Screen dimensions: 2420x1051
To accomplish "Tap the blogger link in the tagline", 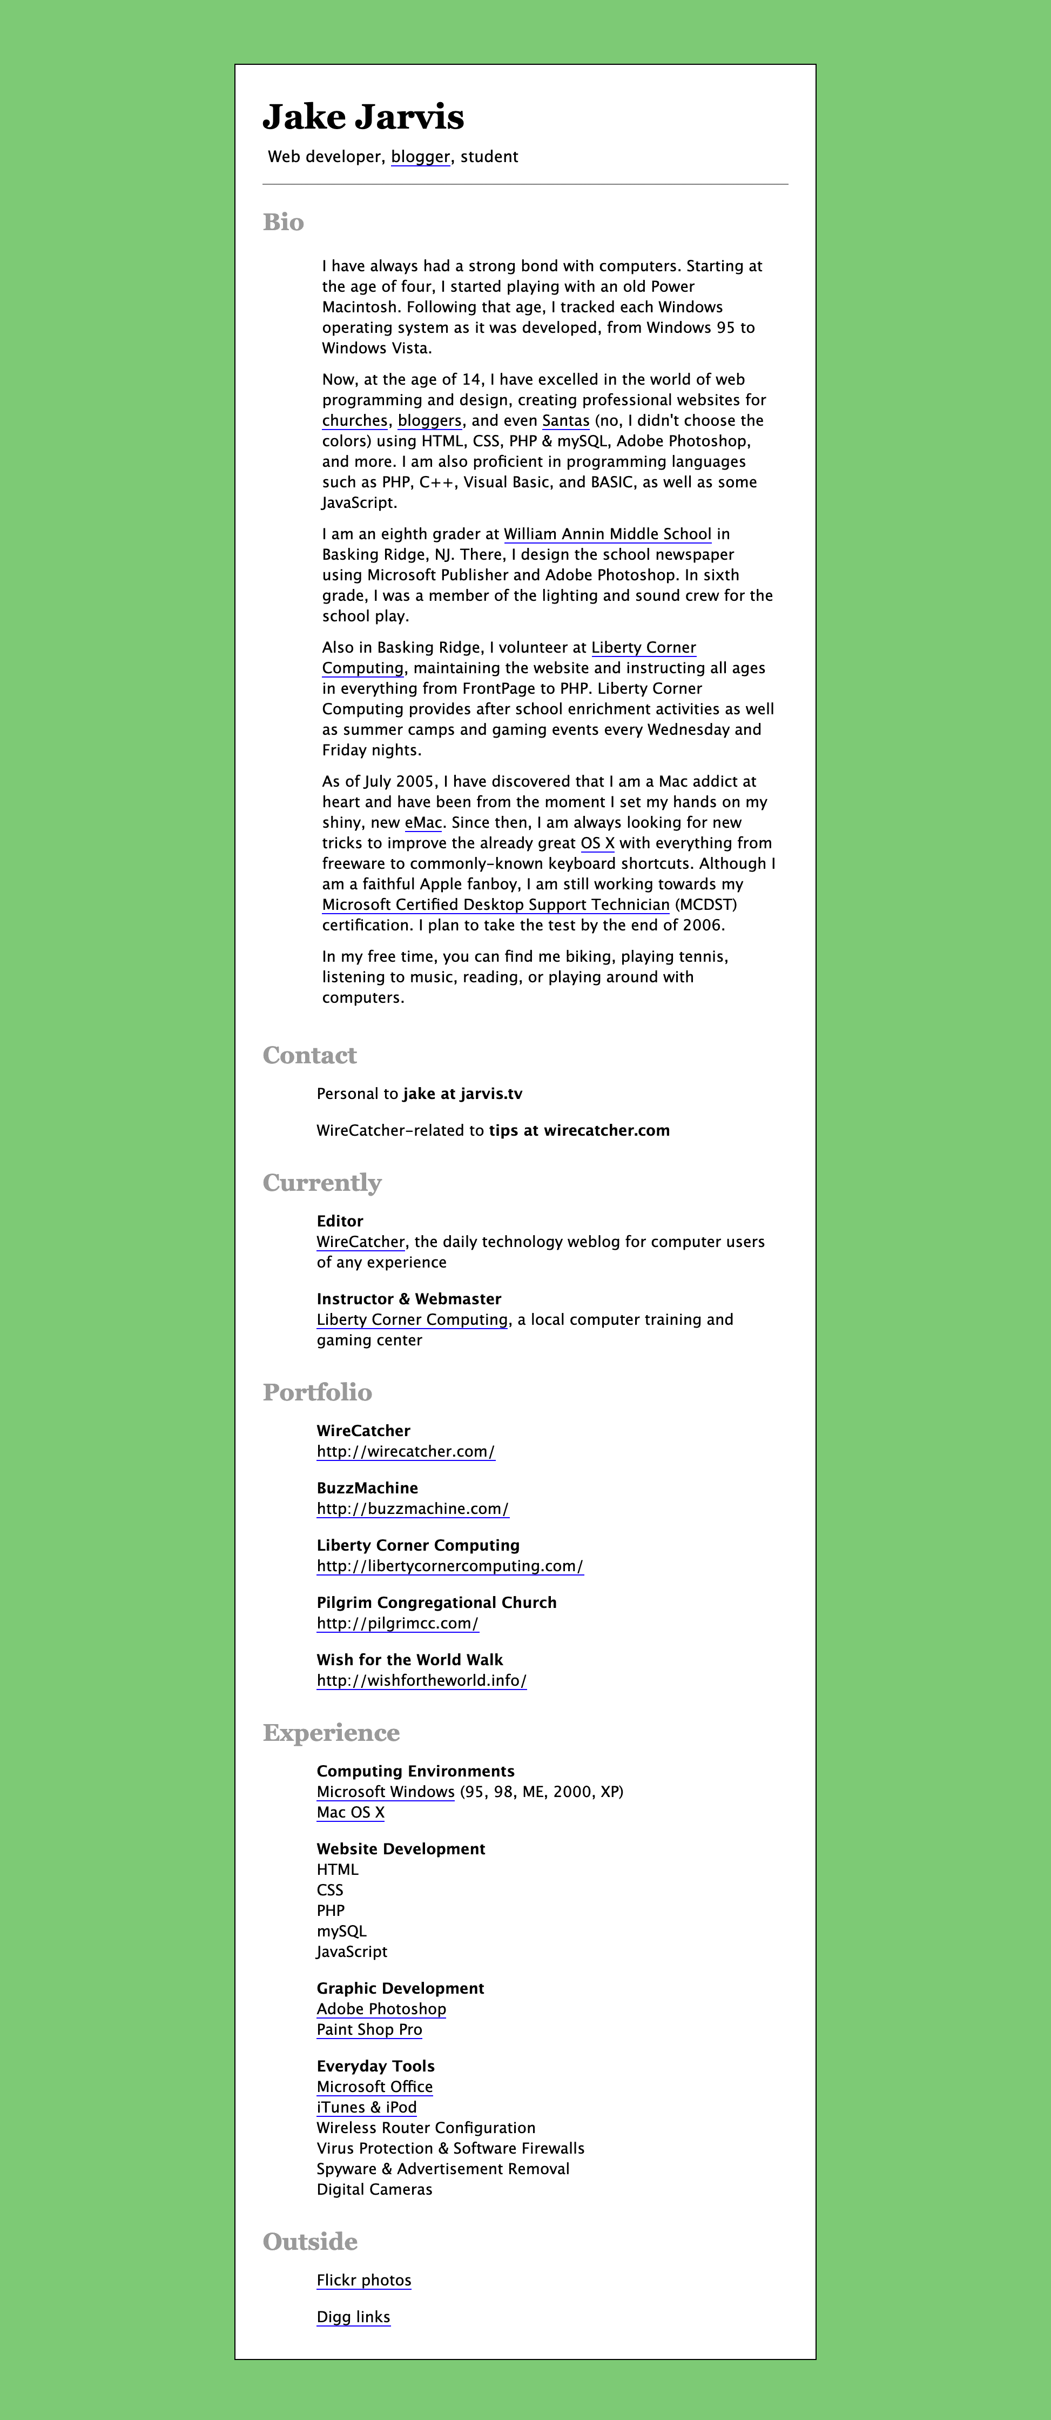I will [x=420, y=157].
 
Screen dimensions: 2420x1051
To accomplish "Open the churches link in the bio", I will [x=354, y=421].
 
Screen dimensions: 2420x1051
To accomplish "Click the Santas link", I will [x=565, y=421].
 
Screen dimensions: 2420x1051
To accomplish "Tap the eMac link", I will [x=423, y=823].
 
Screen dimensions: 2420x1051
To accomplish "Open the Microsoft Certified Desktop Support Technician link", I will [x=495, y=904].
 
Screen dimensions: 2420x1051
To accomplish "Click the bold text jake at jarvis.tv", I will [x=462, y=1094].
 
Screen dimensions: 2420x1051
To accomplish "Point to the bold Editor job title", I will [x=339, y=1221].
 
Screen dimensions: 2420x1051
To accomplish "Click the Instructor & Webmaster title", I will [x=408, y=1299].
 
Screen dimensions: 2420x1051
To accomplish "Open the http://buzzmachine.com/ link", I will [x=412, y=1509].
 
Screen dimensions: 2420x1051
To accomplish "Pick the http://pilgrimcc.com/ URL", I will [x=398, y=1624].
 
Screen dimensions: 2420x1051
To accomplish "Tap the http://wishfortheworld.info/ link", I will [x=421, y=1681].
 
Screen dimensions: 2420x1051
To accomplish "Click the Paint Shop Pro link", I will [x=369, y=2029].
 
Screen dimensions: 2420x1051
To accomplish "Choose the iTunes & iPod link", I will [x=366, y=2107].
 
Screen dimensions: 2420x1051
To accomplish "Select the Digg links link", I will [x=353, y=2317].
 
